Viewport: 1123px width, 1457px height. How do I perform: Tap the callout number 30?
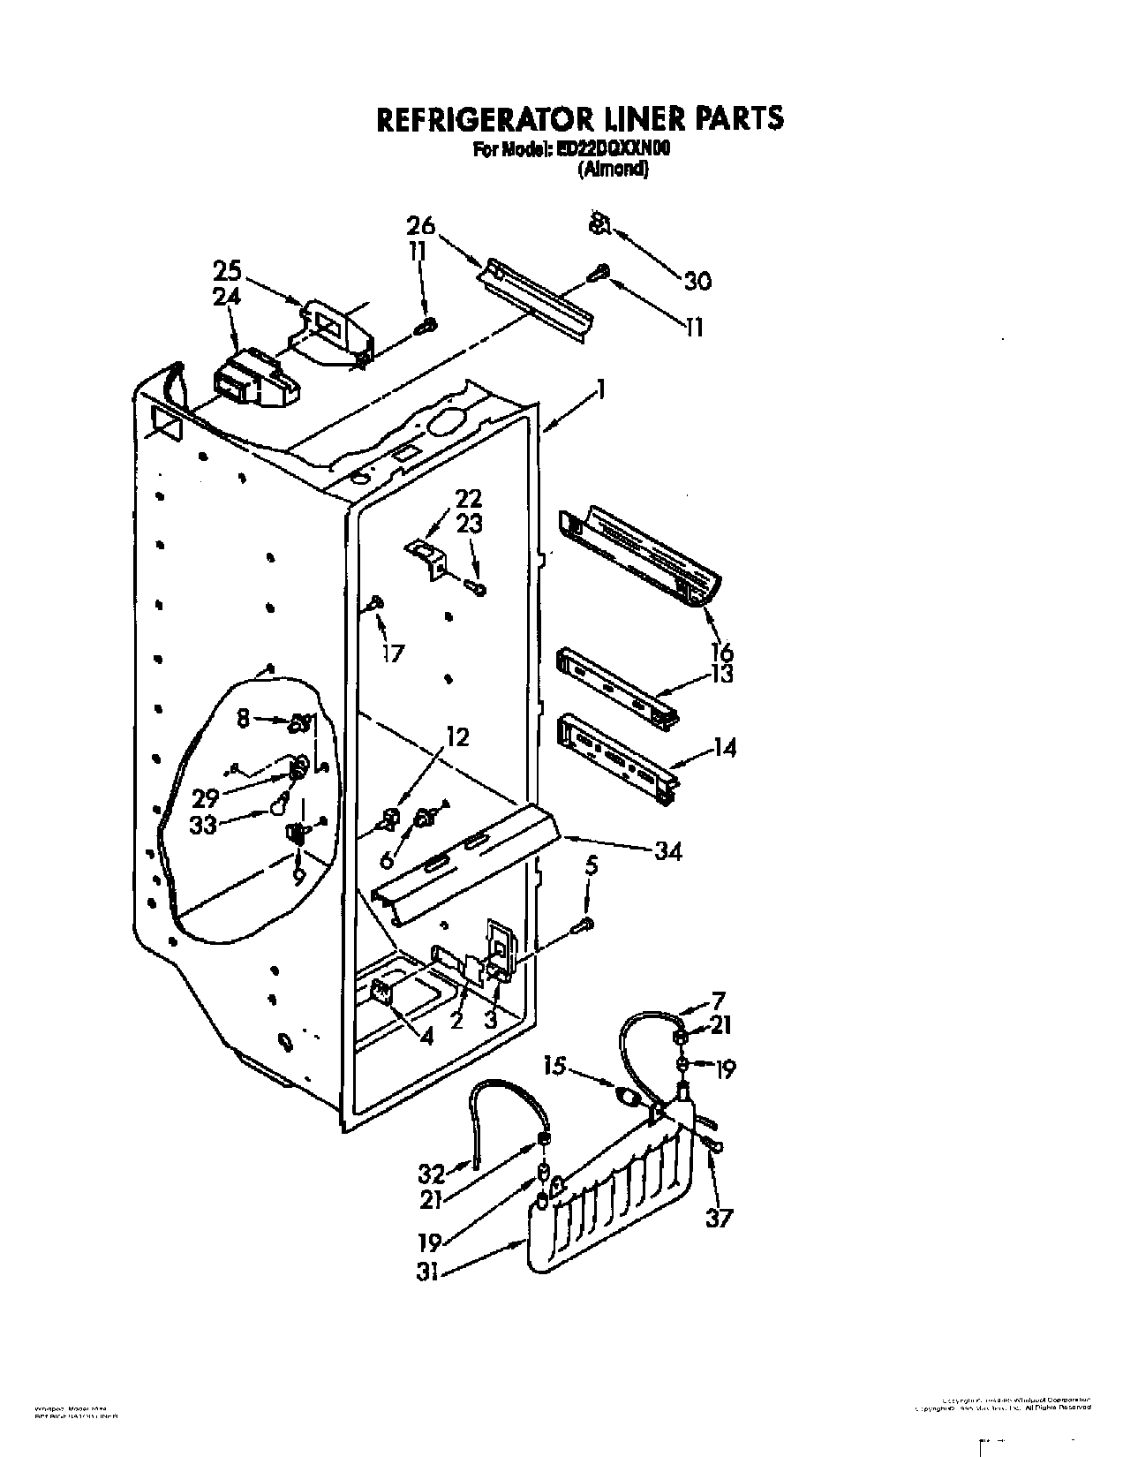pyautogui.click(x=697, y=281)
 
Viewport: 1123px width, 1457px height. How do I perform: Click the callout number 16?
pyautogui.click(x=721, y=652)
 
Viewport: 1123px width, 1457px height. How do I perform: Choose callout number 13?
pyautogui.click(x=721, y=675)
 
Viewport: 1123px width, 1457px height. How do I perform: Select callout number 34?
pyautogui.click(x=668, y=852)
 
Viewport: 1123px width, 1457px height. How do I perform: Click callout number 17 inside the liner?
pyautogui.click(x=392, y=653)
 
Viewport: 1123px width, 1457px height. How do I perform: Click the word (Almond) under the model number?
pyautogui.click(x=613, y=171)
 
